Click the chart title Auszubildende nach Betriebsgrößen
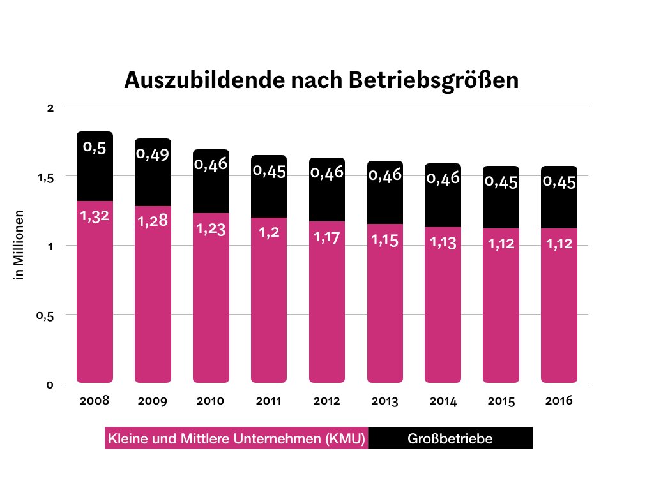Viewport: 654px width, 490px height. (321, 80)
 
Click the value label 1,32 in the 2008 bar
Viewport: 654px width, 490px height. (95, 216)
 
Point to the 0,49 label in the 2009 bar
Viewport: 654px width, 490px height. (152, 154)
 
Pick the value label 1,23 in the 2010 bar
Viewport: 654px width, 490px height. (211, 228)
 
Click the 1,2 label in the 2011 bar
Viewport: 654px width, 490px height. (268, 233)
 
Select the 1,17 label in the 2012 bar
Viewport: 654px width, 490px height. (327, 237)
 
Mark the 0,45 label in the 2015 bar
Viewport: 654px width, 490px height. (501, 182)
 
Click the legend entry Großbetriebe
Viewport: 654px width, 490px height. (450, 439)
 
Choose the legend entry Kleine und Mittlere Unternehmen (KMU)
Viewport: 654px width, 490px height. (237, 439)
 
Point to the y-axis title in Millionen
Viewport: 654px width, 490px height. (20, 245)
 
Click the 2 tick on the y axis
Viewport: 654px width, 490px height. (50, 108)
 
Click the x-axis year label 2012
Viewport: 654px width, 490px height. (327, 401)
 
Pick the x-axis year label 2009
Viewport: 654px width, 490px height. (152, 401)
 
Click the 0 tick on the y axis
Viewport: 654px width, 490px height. (50, 384)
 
